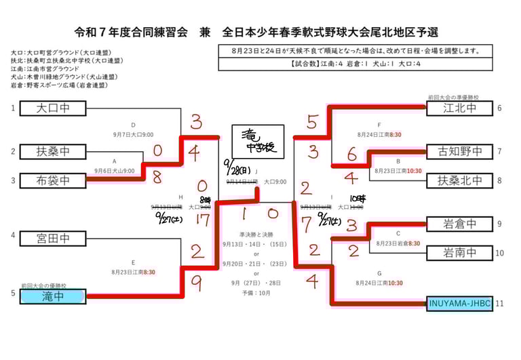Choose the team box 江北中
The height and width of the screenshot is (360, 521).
click(x=459, y=108)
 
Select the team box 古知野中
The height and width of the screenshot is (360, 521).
click(x=459, y=151)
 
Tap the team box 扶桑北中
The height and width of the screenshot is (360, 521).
click(x=459, y=180)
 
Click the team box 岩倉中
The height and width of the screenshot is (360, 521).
click(x=459, y=223)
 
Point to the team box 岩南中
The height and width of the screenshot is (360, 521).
click(x=459, y=252)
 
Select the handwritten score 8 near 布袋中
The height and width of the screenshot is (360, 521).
click(x=157, y=178)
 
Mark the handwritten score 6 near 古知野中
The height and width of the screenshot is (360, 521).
click(x=351, y=155)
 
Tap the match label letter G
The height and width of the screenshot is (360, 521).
click(x=380, y=274)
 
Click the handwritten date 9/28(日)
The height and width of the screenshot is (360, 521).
click(x=239, y=165)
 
